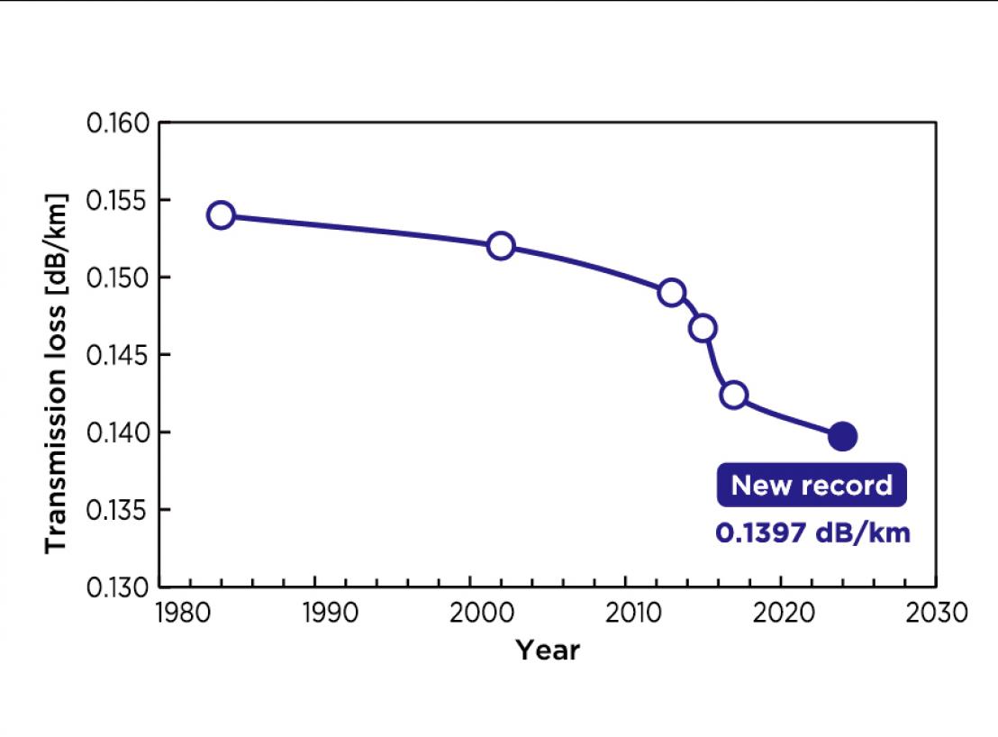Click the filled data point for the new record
click(842, 436)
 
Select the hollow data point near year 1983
click(221, 214)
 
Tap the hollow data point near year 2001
click(501, 245)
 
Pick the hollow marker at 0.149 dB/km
click(671, 293)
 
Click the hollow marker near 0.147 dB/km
click(703, 328)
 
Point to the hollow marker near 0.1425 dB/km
click(734, 396)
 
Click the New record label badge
click(812, 486)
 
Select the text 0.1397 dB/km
click(812, 532)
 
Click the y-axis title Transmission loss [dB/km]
click(56, 373)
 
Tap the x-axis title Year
click(548, 650)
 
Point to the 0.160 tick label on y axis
click(117, 122)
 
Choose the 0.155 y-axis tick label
click(117, 199)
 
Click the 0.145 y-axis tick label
click(117, 354)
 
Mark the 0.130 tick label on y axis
click(117, 587)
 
